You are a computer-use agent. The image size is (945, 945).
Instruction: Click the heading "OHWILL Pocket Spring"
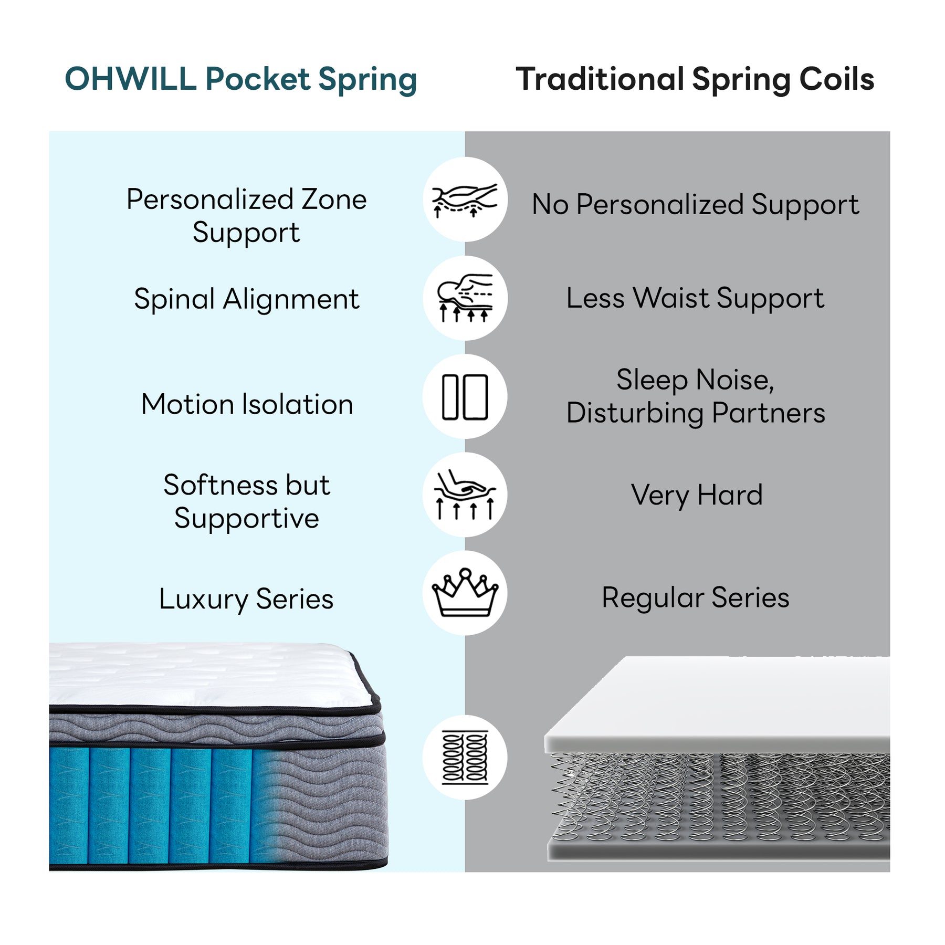(x=240, y=80)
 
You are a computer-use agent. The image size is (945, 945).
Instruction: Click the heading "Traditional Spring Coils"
(x=695, y=80)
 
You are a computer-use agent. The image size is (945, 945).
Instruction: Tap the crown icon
(x=465, y=593)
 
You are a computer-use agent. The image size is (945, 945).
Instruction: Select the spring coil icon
(x=465, y=758)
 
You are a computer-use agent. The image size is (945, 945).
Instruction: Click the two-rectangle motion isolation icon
(x=465, y=397)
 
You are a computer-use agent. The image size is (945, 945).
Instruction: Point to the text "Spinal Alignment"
(x=246, y=300)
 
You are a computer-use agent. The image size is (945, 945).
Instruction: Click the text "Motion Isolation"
(x=247, y=404)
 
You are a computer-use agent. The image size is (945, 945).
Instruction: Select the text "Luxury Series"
(x=246, y=599)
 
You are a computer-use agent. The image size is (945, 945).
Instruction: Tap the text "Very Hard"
(x=697, y=495)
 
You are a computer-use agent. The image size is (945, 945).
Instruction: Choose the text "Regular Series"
(x=696, y=598)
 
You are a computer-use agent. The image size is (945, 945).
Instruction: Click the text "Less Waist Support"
(x=695, y=299)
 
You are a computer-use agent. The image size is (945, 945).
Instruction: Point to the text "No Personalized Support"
(x=696, y=205)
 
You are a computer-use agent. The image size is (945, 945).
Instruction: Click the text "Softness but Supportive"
(x=246, y=501)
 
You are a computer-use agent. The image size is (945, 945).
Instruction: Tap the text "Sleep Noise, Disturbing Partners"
(x=696, y=396)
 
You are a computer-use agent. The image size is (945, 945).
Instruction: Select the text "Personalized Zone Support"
(x=246, y=216)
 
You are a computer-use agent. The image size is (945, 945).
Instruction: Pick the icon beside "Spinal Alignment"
(x=465, y=298)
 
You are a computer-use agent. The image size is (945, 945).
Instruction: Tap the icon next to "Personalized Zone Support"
(x=465, y=200)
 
